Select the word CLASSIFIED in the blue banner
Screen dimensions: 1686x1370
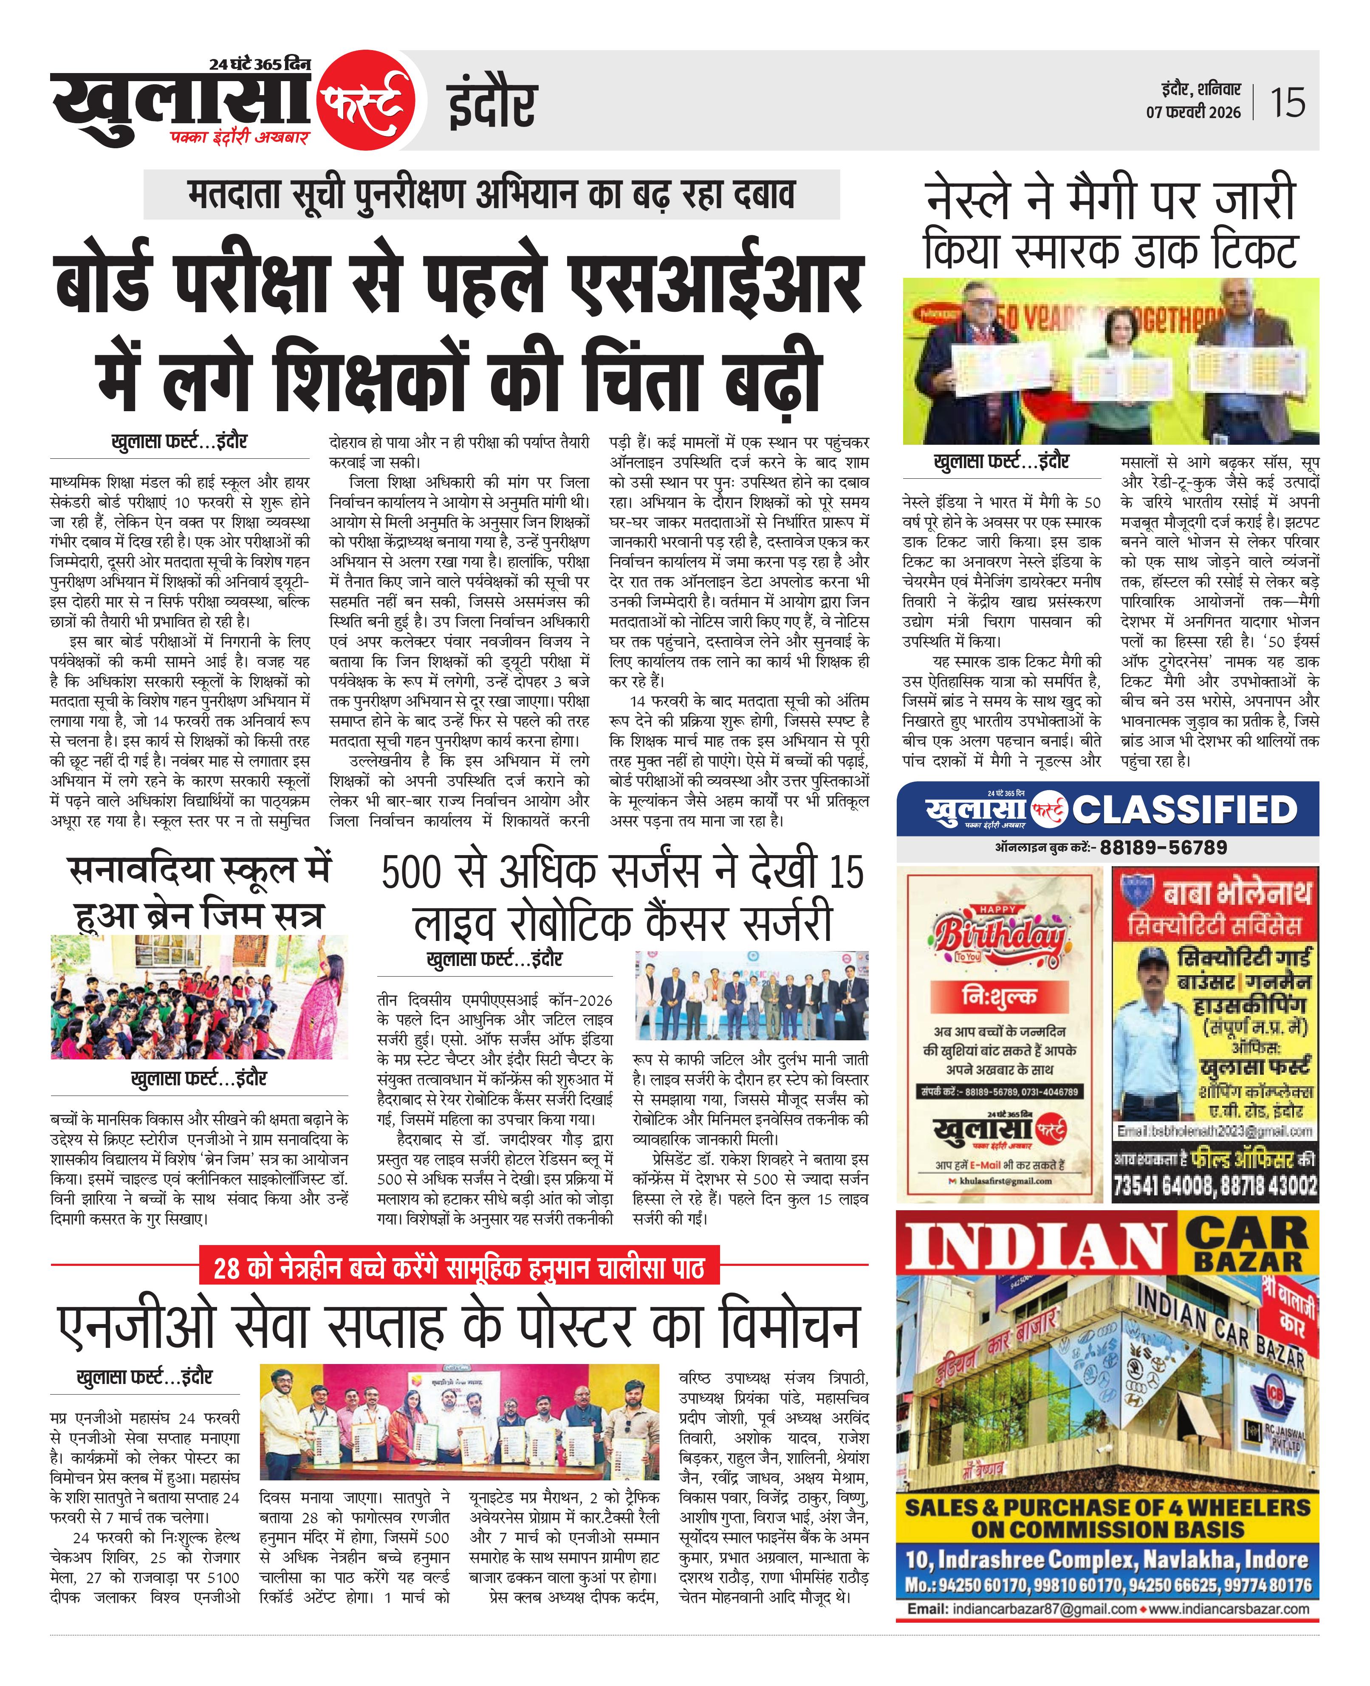(x=1184, y=810)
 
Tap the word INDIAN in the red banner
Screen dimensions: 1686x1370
(x=1034, y=1246)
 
